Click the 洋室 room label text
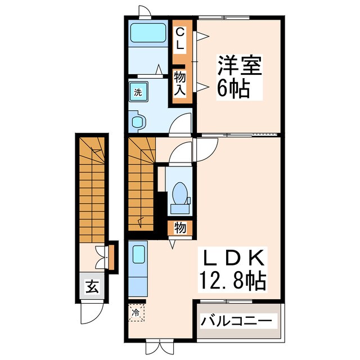[240, 65]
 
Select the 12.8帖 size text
[233, 281]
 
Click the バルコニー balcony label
[236, 320]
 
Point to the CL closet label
[180, 39]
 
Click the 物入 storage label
[179, 83]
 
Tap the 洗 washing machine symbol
[138, 92]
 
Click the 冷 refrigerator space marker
[136, 313]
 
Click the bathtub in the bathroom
[148, 33]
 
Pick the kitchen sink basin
[139, 254]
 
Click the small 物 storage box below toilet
[180, 228]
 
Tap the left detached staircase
[92, 189]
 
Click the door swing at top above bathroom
[145, 11]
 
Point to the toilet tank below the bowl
[180, 209]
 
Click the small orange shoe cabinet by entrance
[111, 258]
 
